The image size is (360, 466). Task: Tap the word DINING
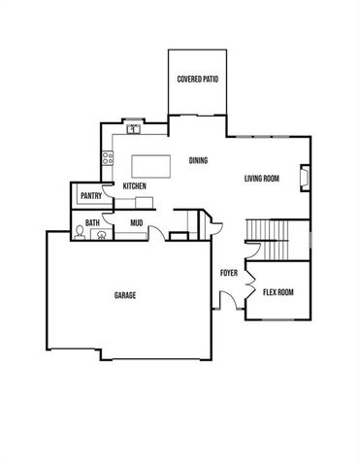(x=198, y=161)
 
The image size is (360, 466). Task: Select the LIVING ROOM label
(x=262, y=178)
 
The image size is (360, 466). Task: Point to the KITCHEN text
(x=134, y=185)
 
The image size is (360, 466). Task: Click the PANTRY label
(x=92, y=195)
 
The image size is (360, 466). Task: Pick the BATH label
(x=92, y=222)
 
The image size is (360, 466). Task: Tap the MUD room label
(x=137, y=222)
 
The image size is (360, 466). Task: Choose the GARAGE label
(x=124, y=295)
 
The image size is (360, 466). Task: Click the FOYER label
(x=229, y=273)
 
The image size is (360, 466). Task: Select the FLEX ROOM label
(x=278, y=291)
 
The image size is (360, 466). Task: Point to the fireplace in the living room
(x=304, y=179)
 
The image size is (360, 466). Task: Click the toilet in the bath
(x=79, y=233)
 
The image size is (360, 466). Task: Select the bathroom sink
(x=96, y=235)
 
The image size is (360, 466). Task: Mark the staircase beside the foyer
(x=267, y=241)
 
